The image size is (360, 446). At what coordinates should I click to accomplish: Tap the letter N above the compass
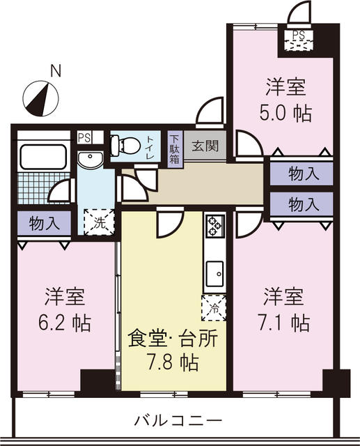pyautogui.click(x=55, y=70)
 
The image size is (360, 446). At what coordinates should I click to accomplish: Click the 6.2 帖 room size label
pyautogui.click(x=66, y=322)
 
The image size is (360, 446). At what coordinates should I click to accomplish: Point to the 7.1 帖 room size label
pyautogui.click(x=286, y=322)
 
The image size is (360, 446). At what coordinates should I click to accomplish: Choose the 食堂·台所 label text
pyautogui.click(x=173, y=339)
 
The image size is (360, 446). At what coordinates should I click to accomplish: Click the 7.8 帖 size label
pyautogui.click(x=173, y=363)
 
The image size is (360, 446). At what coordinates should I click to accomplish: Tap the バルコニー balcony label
pyautogui.click(x=177, y=420)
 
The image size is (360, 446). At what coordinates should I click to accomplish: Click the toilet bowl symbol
pyautogui.click(x=123, y=145)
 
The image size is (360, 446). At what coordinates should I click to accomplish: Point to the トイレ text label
pyautogui.click(x=150, y=146)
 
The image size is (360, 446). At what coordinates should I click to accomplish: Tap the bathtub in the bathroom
pyautogui.click(x=43, y=156)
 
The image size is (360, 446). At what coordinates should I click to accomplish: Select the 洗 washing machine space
pyautogui.click(x=95, y=224)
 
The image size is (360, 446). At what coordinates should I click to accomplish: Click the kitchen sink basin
pyautogui.click(x=214, y=272)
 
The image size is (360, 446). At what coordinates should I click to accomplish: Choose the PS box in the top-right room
pyautogui.click(x=298, y=36)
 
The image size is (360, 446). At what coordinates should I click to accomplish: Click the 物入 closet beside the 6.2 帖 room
pyautogui.click(x=43, y=224)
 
